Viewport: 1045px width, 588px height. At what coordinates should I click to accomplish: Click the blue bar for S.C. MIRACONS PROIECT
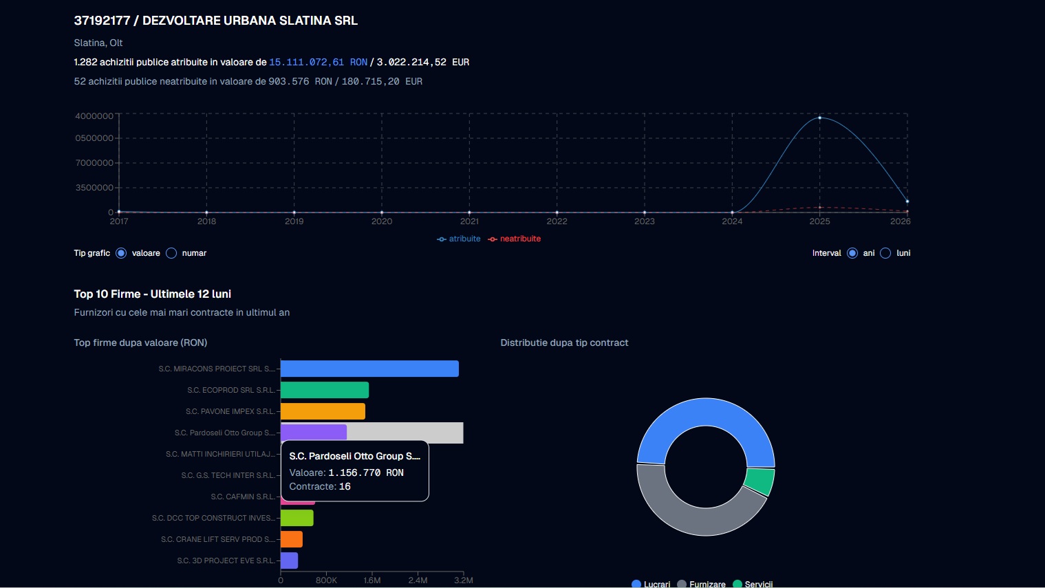(x=369, y=369)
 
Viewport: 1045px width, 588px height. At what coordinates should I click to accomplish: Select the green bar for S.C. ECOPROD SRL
(x=325, y=390)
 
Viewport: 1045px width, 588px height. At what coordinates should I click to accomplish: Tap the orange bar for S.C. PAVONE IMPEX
(x=323, y=411)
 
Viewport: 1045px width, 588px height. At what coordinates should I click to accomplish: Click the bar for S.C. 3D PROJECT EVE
(x=289, y=560)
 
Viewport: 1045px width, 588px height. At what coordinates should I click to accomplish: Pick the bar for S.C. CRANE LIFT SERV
(x=292, y=539)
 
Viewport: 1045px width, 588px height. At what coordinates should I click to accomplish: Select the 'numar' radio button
(x=172, y=253)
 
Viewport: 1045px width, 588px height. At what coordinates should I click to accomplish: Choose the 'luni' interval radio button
(x=885, y=253)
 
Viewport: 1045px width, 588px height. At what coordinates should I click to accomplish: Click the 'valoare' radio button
(x=122, y=253)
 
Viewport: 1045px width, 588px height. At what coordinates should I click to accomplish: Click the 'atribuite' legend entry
(x=459, y=239)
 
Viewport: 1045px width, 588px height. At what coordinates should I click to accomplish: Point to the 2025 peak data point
(x=819, y=118)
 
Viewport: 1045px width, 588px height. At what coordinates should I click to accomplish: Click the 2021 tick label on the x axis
(x=469, y=221)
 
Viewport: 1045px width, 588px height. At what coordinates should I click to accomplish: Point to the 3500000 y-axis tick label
(x=94, y=188)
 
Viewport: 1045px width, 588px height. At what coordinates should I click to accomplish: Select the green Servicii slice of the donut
(x=759, y=481)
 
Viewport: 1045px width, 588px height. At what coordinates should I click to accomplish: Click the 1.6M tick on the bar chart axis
(x=372, y=580)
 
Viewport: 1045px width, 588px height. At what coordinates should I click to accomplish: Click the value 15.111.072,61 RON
(x=318, y=62)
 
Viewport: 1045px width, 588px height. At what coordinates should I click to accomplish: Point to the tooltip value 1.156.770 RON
(x=366, y=472)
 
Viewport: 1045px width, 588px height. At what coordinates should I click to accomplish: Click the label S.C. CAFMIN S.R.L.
(x=243, y=497)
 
